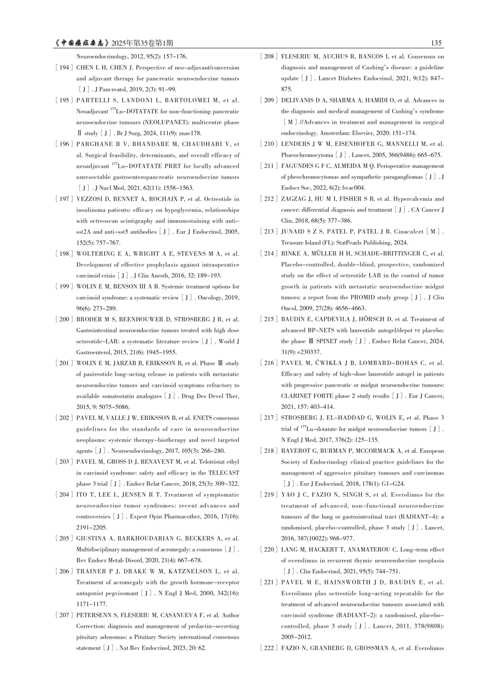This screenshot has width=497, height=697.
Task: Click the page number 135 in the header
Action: click(x=436, y=43)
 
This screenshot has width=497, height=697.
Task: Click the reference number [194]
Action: click(x=64, y=68)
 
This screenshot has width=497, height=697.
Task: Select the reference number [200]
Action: click(x=64, y=319)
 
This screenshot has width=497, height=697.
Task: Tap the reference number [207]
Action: click(x=64, y=615)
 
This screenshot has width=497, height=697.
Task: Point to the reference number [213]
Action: click(x=269, y=232)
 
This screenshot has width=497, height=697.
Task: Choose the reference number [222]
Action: click(x=269, y=648)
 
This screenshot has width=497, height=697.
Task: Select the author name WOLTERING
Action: click(x=95, y=254)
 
